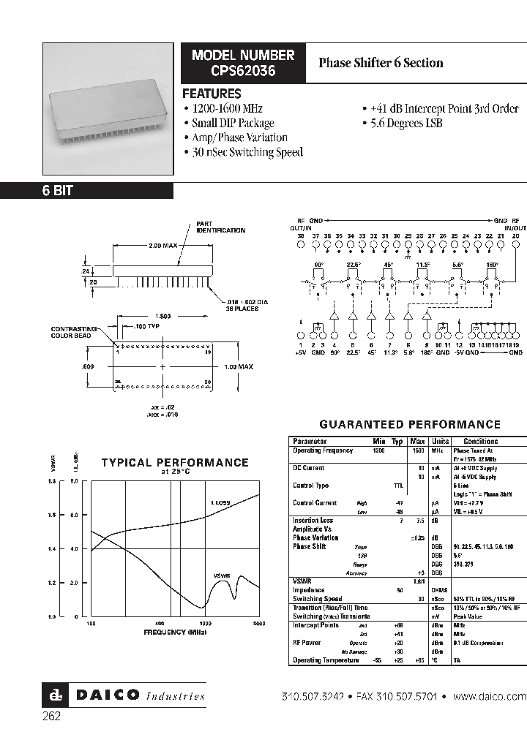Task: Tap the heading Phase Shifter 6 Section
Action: click(381, 63)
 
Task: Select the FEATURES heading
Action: click(212, 94)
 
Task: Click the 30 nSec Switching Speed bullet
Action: click(246, 152)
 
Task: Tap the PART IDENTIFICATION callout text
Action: click(220, 227)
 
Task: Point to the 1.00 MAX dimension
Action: click(238, 366)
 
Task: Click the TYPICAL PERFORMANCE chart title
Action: click(174, 463)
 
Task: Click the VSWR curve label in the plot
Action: click(222, 575)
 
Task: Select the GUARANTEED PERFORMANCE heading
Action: click(410, 424)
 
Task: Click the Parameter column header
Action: click(310, 442)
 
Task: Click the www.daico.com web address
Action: click(490, 696)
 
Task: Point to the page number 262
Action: click(51, 717)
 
